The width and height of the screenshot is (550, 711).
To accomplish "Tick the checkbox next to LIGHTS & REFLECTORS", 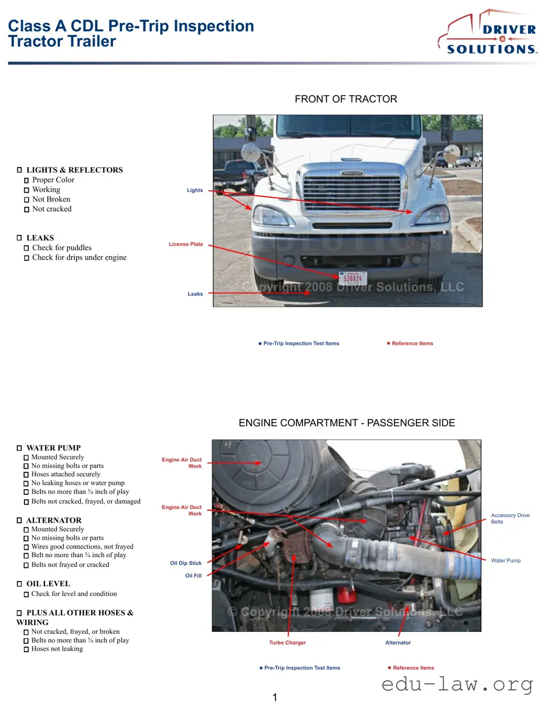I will coord(19,170).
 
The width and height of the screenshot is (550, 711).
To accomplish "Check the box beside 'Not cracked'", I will coord(27,210).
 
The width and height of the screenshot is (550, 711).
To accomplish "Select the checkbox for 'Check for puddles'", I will coord(27,248).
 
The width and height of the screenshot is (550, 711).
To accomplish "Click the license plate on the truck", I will coord(353,279).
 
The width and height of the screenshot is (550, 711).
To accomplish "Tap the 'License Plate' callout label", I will coord(186,244).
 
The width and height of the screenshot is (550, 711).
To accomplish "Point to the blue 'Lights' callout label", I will coord(194,190).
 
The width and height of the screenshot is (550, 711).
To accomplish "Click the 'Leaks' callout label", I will coord(195,294).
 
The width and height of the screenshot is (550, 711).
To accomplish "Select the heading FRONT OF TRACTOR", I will coord(346,99).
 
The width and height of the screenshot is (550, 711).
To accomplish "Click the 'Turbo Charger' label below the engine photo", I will coord(288,643).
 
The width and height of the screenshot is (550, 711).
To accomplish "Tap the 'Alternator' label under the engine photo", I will coord(398,643).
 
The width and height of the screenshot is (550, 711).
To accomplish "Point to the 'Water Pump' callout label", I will coord(505,561).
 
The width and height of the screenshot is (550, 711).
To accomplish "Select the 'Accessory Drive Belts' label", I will coord(510,518).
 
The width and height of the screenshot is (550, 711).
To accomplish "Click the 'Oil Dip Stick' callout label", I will coord(186,563).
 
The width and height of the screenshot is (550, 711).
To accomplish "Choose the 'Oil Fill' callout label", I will coord(193,576).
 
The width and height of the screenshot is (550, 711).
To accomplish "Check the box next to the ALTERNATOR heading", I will coord(19,520).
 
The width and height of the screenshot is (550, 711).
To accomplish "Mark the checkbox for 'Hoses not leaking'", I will coord(26,650).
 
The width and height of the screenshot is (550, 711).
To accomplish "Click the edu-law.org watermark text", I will coord(457,684).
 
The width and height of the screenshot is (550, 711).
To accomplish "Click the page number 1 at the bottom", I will coord(275,697).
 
